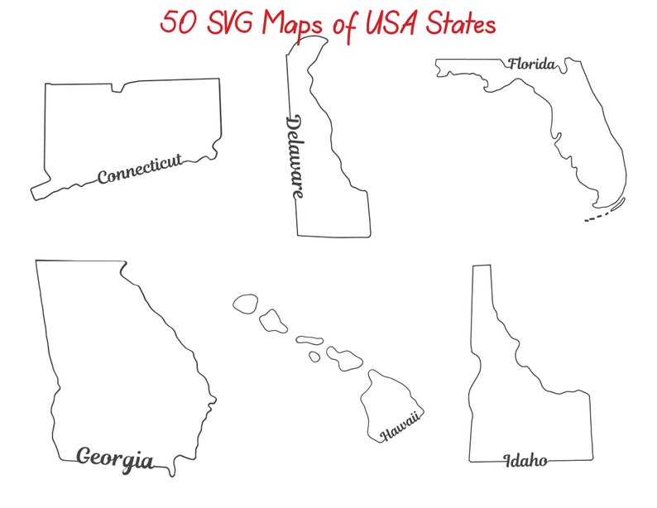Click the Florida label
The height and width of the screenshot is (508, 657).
point(531,64)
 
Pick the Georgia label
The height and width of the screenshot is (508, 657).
point(114,458)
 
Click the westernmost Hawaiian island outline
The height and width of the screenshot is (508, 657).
point(245,303)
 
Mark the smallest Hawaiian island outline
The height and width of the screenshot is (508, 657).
point(314,357)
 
